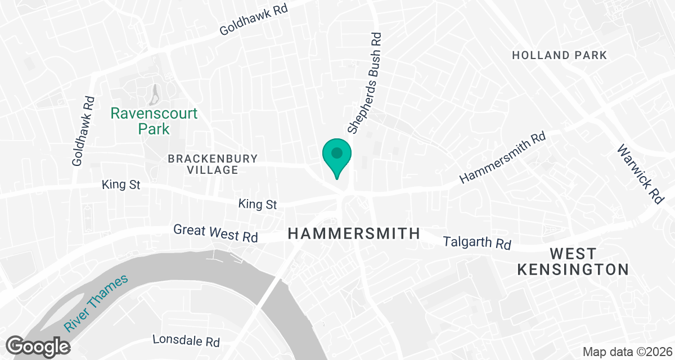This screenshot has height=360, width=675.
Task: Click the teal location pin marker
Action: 337,155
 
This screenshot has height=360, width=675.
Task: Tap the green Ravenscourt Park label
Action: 154,121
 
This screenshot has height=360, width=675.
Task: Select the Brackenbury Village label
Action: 213,164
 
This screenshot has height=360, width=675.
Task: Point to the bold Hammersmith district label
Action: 354,233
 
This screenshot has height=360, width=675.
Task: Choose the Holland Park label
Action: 560,55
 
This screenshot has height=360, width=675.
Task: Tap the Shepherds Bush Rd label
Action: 365,83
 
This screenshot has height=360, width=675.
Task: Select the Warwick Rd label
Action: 640,174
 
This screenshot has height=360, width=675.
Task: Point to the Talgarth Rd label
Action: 477,243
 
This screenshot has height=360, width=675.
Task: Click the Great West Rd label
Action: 215,233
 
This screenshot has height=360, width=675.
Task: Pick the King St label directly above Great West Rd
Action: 258,204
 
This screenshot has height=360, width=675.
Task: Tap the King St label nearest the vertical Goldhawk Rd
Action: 121,184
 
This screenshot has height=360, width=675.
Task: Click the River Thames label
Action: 96,303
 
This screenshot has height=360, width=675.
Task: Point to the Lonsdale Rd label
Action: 186,341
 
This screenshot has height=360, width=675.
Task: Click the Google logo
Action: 38,345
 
